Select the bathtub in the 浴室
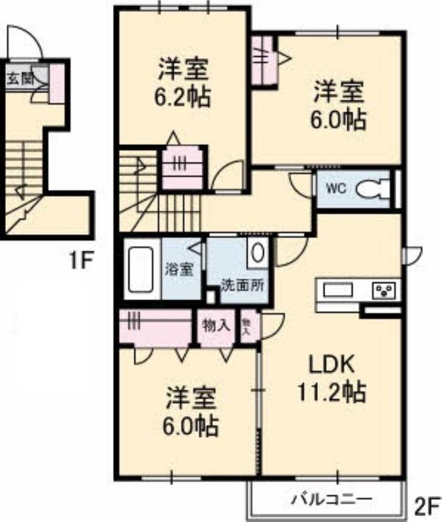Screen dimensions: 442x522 (x=140, y=269)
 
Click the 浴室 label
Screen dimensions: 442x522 (x=180, y=269)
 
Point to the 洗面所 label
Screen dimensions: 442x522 (x=243, y=285)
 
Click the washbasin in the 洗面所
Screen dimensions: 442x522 (x=257, y=253)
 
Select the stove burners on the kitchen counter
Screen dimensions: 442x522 (x=385, y=290)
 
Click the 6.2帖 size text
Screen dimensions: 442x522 (x=182, y=97)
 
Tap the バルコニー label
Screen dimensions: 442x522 (x=331, y=499)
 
